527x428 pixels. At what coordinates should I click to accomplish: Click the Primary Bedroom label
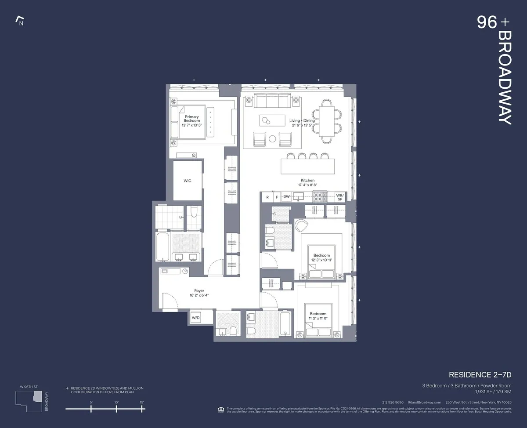click(x=191, y=119)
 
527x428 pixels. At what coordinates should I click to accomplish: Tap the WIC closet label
click(x=188, y=181)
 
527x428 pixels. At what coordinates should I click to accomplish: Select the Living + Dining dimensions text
click(x=303, y=125)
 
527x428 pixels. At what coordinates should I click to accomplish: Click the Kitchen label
click(x=307, y=181)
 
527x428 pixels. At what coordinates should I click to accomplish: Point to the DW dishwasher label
click(x=286, y=197)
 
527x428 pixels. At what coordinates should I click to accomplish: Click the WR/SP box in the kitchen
click(x=339, y=197)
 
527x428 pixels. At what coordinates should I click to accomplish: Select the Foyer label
click(x=199, y=291)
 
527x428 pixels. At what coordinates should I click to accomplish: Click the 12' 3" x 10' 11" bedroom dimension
click(x=321, y=260)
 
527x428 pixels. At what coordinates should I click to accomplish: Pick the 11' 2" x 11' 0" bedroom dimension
click(x=318, y=319)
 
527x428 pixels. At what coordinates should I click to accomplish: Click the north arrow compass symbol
click(x=19, y=21)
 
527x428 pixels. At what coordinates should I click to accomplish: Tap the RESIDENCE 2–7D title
click(x=480, y=375)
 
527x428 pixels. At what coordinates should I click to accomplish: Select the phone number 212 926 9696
click(x=393, y=403)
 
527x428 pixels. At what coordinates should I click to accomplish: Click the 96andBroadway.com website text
click(x=424, y=403)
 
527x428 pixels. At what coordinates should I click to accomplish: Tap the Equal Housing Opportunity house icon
click(x=221, y=410)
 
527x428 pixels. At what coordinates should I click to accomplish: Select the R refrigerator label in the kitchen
click(x=267, y=197)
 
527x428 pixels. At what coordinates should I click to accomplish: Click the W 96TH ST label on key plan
click(x=28, y=387)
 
